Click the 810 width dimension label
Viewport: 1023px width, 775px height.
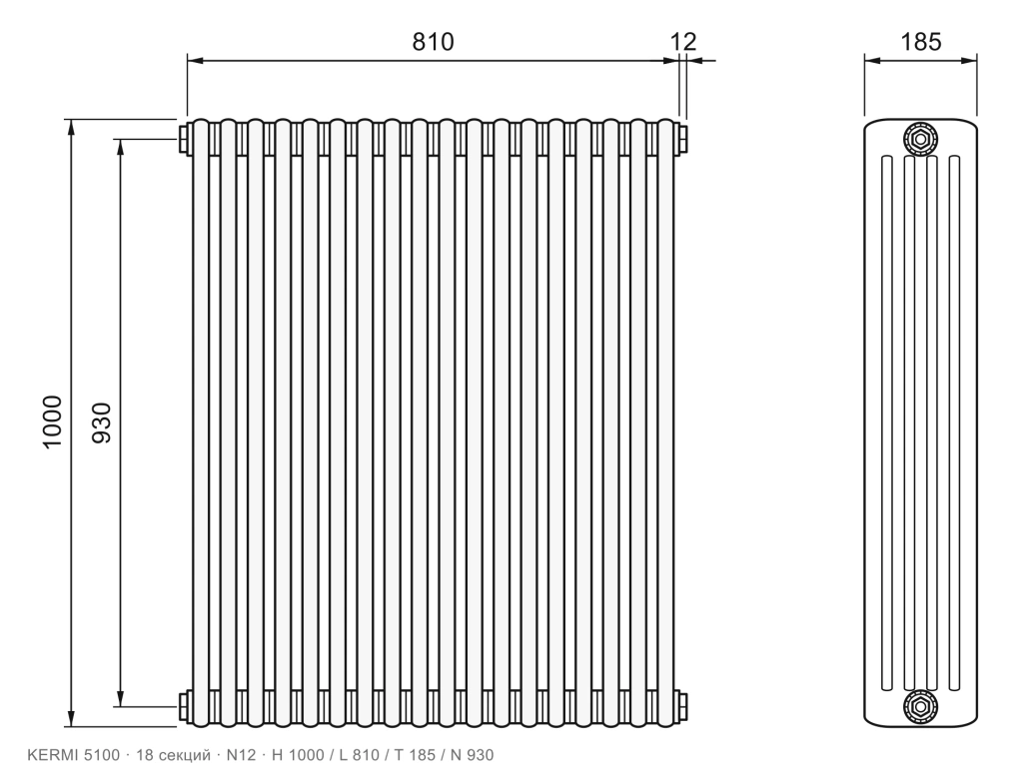point(433,42)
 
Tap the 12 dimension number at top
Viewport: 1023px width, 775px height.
point(683,42)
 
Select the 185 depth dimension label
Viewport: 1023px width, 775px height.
point(920,42)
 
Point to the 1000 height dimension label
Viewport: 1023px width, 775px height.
point(52,421)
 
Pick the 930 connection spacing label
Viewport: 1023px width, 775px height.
point(102,422)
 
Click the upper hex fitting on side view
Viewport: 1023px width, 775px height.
point(920,138)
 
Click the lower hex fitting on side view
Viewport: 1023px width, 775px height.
point(920,706)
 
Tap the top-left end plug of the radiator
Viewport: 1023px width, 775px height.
point(184,138)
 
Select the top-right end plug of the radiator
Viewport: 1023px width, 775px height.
point(682,138)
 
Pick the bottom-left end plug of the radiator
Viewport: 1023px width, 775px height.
point(184,706)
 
